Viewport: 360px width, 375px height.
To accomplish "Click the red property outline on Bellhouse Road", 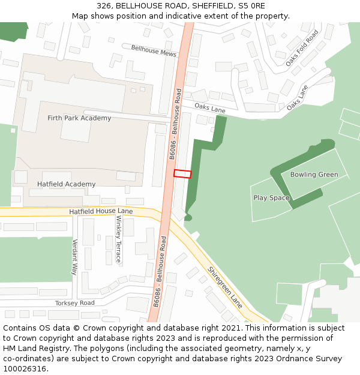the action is coord(182,174).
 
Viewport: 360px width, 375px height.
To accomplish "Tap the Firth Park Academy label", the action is coord(79,118).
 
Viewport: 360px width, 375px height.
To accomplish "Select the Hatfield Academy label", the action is coord(66,184).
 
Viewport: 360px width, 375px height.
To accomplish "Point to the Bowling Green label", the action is coord(314,175).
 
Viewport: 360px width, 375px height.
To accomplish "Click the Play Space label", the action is coord(271,197).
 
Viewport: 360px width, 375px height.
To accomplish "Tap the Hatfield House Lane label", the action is coord(101,211).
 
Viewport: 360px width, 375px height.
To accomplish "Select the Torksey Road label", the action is coord(74,303).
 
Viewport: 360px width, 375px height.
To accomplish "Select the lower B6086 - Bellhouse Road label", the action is coord(160,271).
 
